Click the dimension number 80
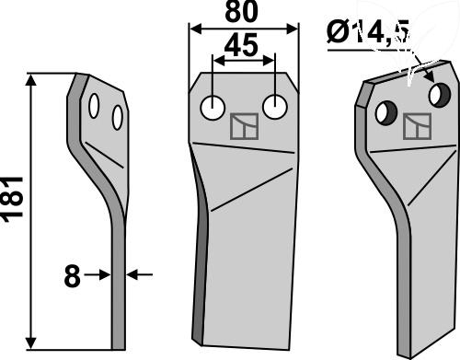click(242, 12)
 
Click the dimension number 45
click(241, 46)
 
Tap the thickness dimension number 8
click(73, 276)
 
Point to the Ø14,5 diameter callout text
click(368, 31)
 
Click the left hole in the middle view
click(213, 108)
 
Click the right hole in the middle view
click(275, 107)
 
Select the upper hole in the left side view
click(94, 106)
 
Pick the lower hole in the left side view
click(118, 118)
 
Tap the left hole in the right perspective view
click(386, 113)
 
